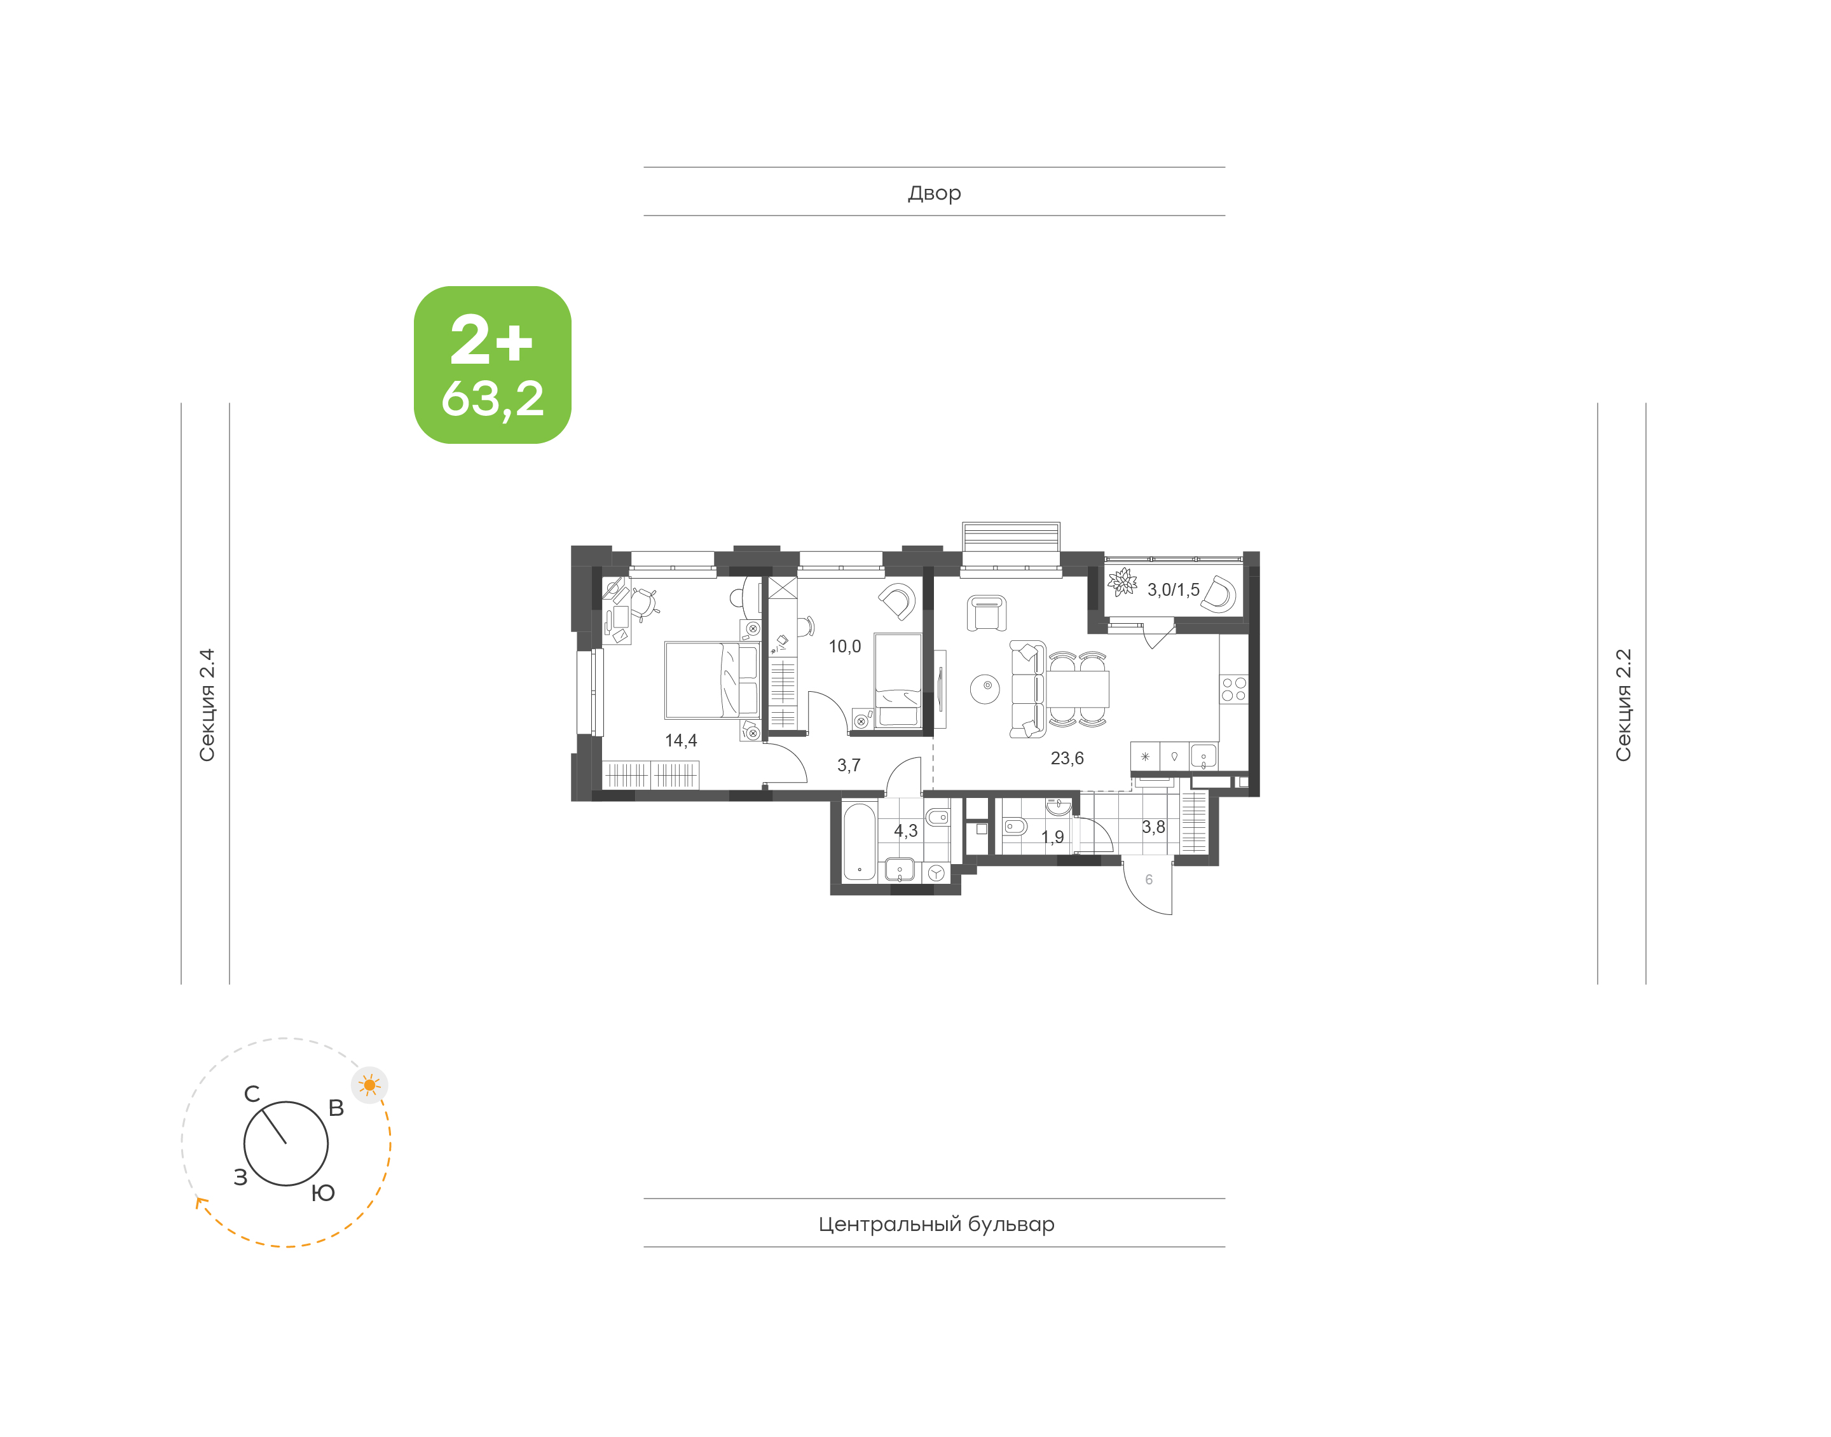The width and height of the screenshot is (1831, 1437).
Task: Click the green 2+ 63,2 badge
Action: coord(492,364)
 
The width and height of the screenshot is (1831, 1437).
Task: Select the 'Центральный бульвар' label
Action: coord(936,1223)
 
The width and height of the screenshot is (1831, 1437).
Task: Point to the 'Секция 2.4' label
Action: coord(207,705)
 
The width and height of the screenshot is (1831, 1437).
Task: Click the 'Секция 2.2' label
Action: coord(1623,705)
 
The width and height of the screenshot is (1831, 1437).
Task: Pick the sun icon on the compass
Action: coord(369,1085)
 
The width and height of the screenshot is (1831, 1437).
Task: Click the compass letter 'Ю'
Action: coord(323,1193)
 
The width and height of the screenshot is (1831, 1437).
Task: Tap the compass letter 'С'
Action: coord(252,1094)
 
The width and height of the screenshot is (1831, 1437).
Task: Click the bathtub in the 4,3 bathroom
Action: coord(860,841)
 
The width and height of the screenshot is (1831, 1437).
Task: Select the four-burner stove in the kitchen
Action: coord(1234,689)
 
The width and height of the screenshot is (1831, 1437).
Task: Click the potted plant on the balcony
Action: coord(1122,581)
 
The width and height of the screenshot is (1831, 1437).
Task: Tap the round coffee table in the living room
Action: coord(985,688)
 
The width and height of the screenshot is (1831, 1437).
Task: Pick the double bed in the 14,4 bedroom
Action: coord(711,680)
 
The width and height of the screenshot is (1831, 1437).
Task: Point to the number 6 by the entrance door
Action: coord(1149,879)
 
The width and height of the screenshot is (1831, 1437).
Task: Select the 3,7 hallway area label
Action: coord(849,765)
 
